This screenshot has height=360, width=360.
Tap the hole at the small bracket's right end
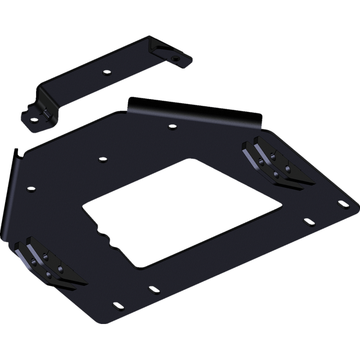coord(176,57)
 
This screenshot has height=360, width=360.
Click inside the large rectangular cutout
coord(180,208)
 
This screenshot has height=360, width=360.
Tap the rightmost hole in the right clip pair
coord(288,168)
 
